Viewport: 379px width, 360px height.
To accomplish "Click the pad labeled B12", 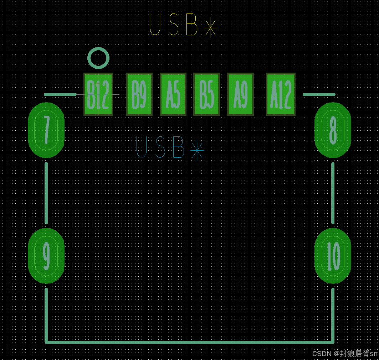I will pos(98,94).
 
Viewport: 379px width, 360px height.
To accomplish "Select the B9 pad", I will pos(139,94).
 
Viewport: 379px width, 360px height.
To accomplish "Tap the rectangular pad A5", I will pos(173,94).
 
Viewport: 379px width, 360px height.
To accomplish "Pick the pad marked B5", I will pos(206,94).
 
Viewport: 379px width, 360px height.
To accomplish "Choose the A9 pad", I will pos(240,94).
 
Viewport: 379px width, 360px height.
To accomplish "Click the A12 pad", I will pos(281,94).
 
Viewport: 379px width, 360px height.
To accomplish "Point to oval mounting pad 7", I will pos(46,130).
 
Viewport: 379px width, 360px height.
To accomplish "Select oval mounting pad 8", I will pos(333,130).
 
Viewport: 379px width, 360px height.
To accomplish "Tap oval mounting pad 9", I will pos(46,256).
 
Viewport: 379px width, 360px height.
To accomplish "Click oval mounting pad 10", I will pos(333,256).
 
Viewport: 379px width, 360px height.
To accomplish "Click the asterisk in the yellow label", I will pos(210,27).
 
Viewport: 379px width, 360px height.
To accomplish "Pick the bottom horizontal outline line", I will pos(189,342).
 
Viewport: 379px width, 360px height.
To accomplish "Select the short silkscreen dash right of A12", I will pos(319,94).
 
